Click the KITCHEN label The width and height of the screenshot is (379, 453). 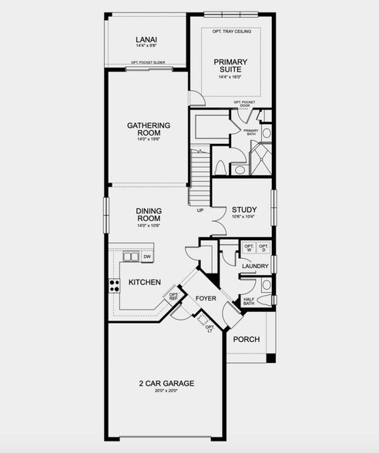144,283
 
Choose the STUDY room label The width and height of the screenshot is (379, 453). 244,210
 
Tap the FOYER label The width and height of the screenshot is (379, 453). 206,298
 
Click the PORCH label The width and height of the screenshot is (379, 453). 247,340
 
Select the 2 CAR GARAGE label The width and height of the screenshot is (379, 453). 166,383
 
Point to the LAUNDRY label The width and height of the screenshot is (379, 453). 255,267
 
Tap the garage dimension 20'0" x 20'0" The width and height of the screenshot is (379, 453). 166,391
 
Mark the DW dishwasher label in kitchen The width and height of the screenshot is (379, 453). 147,257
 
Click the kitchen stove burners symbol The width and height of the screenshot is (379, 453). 115,285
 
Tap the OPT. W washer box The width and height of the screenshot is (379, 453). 249,248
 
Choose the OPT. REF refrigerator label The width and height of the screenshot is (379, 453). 174,297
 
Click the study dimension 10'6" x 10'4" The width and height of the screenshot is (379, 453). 244,218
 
